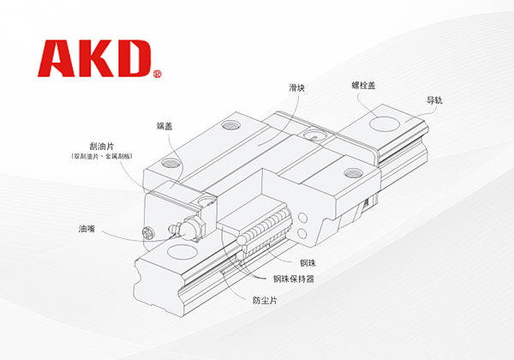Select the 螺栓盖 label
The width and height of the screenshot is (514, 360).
(x=366, y=86)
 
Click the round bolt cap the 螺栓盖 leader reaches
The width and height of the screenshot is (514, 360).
(x=381, y=126)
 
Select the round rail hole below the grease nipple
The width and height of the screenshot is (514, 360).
(x=180, y=252)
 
